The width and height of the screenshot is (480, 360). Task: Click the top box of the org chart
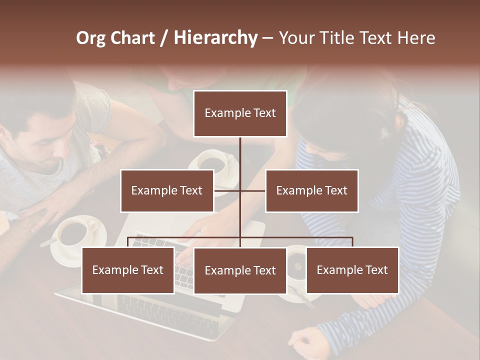[x=240, y=113]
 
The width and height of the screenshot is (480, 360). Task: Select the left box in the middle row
[x=167, y=190]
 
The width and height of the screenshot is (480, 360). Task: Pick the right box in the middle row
[x=311, y=190]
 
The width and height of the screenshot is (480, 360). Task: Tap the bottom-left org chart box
[x=128, y=270]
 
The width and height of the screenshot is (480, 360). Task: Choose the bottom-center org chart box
[x=240, y=271]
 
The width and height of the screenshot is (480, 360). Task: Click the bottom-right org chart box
[x=352, y=270]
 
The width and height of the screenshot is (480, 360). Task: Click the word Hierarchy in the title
[x=215, y=37]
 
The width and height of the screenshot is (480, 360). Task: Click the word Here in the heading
[x=416, y=37]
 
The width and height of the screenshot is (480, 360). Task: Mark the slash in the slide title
[x=164, y=38]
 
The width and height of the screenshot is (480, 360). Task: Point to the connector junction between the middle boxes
[x=240, y=190]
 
